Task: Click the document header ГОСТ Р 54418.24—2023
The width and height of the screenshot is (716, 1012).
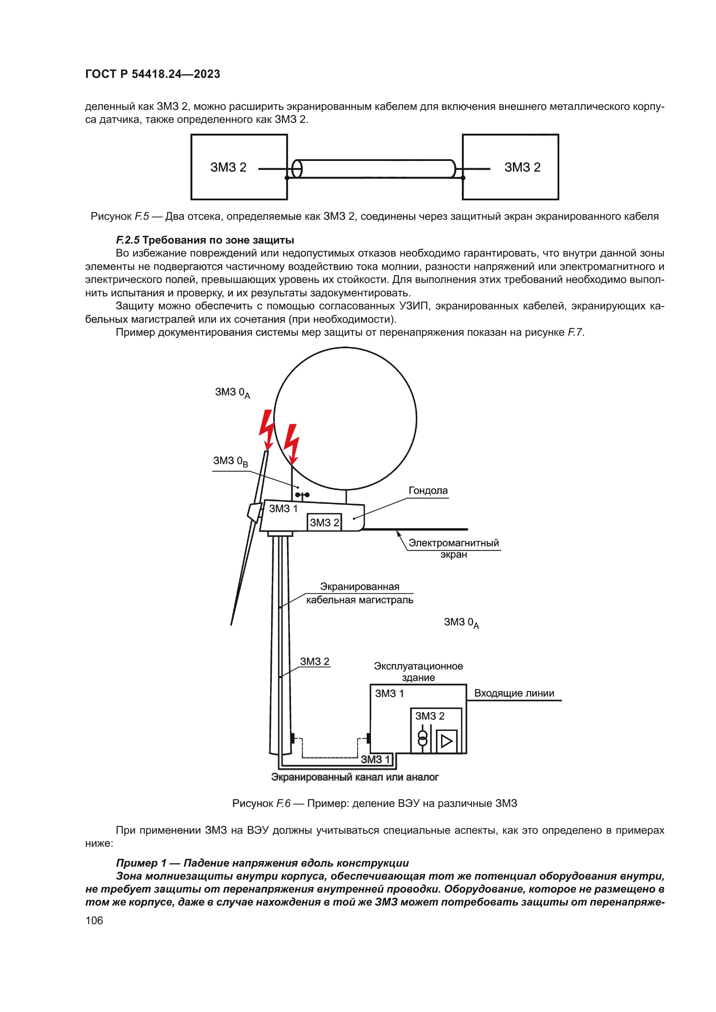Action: (x=152, y=74)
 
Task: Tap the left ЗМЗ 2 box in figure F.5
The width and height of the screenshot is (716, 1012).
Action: (x=239, y=167)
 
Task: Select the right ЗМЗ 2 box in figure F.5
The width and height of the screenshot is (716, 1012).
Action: (x=510, y=167)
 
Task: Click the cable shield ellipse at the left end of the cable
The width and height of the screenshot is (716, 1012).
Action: (x=297, y=169)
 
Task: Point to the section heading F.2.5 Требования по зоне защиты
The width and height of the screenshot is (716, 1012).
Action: (x=205, y=240)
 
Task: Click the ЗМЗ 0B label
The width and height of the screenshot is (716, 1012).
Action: (x=230, y=461)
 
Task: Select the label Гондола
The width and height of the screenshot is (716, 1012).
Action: (x=428, y=491)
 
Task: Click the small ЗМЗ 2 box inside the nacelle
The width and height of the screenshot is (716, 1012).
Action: (x=324, y=522)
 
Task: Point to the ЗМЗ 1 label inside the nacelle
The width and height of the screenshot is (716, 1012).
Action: (x=283, y=509)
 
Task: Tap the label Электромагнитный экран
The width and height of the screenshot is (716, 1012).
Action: (x=453, y=548)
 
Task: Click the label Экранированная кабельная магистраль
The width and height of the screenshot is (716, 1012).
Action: (x=359, y=593)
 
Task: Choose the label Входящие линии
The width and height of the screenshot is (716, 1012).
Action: (x=514, y=693)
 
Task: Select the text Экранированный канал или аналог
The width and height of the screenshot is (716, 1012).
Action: (x=355, y=777)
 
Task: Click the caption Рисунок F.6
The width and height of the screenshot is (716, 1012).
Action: (x=374, y=803)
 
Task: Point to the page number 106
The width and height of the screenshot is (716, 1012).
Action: (x=94, y=921)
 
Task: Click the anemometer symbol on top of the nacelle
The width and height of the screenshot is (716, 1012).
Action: (x=303, y=495)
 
